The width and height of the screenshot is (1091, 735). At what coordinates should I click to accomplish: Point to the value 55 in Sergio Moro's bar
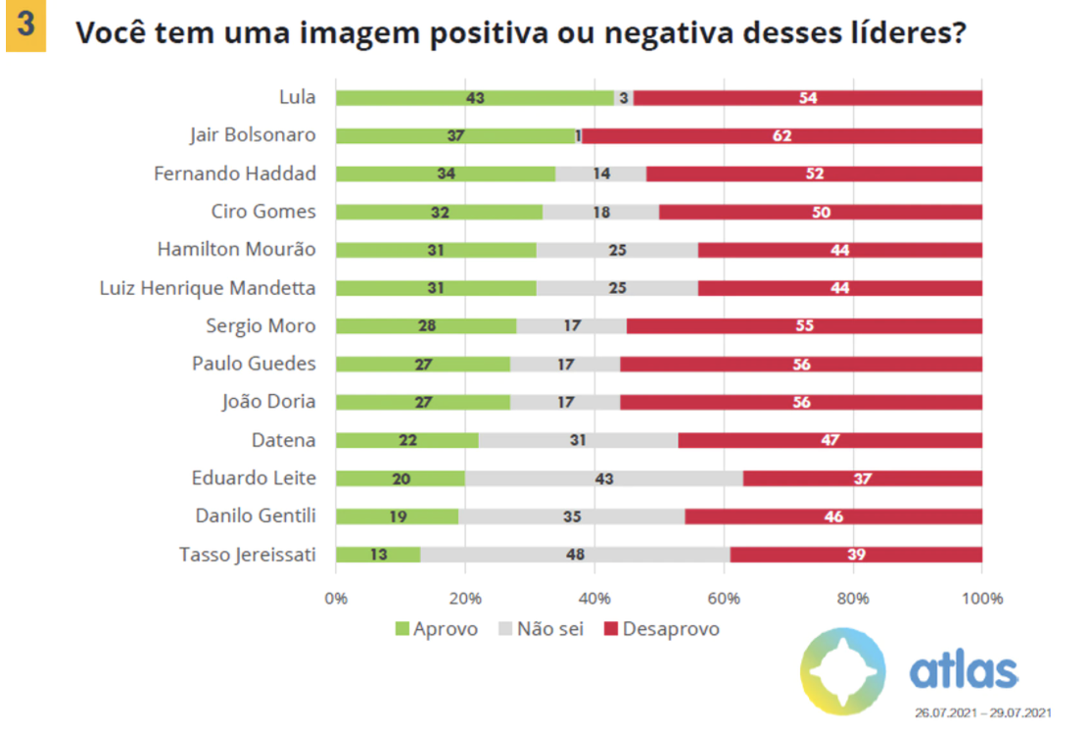804,326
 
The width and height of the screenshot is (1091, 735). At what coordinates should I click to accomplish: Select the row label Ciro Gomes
263,212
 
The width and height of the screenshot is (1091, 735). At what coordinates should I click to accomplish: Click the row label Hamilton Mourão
236,250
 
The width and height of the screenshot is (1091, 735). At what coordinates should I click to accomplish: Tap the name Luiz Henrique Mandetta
208,288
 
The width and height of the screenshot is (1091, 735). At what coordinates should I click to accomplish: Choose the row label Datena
285,440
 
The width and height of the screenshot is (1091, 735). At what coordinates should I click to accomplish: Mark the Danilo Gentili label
255,516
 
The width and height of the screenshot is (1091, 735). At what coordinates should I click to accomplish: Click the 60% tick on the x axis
724,599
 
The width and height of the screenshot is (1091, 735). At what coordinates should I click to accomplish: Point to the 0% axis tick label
336,599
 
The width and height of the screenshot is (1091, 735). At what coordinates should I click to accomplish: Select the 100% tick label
981,599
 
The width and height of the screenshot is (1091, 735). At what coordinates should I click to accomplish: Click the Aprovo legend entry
437,629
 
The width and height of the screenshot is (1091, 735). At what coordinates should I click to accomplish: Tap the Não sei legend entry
541,629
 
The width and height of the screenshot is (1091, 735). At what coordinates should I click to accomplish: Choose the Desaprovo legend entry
661,629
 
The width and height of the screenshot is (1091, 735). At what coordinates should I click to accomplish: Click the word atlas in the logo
963,672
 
